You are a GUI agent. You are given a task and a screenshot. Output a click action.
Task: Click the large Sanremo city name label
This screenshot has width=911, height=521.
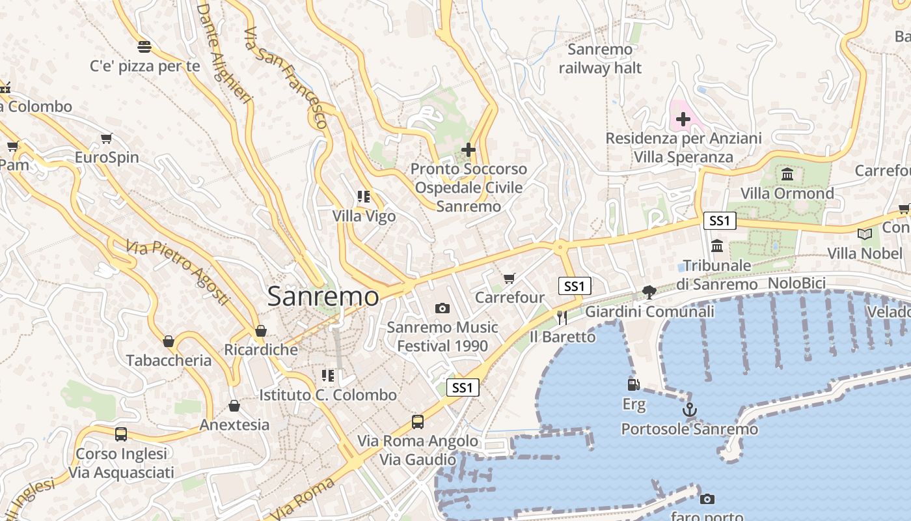[x=323, y=296]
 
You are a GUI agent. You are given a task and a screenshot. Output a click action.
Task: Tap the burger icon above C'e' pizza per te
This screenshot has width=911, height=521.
[x=144, y=47]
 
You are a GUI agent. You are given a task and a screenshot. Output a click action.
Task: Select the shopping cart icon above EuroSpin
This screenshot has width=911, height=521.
[x=107, y=138]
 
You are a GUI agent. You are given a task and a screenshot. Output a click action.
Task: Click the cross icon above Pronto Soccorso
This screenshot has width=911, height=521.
[x=468, y=150]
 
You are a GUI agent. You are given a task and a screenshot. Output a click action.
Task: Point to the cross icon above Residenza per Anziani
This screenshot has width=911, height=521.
[x=683, y=119]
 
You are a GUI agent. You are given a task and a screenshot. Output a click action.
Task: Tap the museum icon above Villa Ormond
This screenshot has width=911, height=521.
[x=787, y=174]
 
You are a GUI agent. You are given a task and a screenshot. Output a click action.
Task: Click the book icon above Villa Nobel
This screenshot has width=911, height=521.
[x=864, y=234]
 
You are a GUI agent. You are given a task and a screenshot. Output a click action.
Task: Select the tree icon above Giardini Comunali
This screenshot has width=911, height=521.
[x=649, y=292]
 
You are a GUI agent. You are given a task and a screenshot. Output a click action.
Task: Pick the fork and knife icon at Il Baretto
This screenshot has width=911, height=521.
[x=562, y=317]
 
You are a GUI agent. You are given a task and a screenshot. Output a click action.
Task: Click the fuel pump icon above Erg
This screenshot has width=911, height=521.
[x=633, y=384]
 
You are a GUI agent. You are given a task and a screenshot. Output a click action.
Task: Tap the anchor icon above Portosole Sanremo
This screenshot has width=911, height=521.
[x=689, y=410]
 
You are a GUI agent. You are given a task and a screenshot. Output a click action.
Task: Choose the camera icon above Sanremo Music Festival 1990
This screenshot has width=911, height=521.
[x=442, y=307]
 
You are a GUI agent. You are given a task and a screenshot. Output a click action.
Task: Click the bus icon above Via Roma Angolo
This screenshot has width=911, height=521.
[x=418, y=421]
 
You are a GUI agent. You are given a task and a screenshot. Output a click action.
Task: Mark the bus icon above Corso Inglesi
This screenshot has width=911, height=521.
[x=121, y=434]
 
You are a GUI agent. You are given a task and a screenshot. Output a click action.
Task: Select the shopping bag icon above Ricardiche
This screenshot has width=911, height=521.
[x=261, y=330]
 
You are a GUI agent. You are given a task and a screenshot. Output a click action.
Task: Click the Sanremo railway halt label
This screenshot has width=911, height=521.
[x=600, y=59]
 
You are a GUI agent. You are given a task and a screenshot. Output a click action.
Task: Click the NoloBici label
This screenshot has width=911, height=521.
[x=796, y=283]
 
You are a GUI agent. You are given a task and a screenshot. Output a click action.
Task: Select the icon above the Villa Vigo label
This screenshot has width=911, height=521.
[x=363, y=196]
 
